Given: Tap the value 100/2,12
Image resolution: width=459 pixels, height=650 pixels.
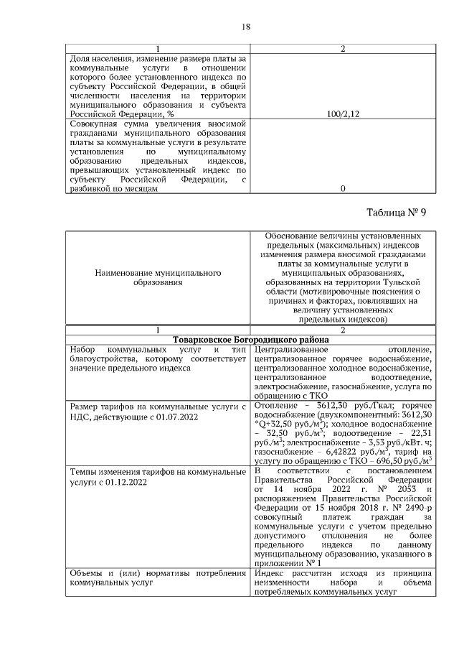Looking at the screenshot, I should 342,113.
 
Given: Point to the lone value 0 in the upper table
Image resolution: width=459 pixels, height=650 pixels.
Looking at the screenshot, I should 342,188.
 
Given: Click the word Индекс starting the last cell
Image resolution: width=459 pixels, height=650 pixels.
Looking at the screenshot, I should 271,572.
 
